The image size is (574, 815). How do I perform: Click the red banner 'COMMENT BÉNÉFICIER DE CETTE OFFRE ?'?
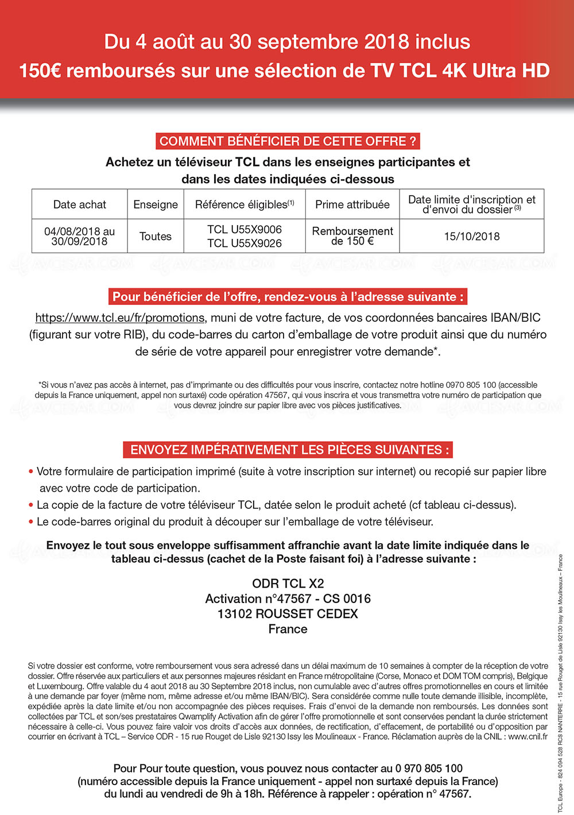point(288,141)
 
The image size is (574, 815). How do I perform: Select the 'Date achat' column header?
point(79,204)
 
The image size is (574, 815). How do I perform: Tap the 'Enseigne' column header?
point(156,204)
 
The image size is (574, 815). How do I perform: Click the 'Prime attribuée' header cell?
point(352,204)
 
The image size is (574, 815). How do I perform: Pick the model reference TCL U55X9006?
point(245,229)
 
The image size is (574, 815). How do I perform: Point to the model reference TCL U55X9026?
point(245,243)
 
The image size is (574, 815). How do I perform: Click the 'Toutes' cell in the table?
point(156,236)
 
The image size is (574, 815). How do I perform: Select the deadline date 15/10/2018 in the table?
point(472,236)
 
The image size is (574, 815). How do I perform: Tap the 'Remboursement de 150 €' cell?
point(352,235)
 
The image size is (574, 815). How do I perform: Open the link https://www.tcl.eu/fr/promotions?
point(120,318)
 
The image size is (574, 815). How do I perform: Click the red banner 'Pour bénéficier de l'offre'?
point(288,297)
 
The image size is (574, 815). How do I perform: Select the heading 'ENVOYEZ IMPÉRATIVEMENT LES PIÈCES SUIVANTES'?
point(288,450)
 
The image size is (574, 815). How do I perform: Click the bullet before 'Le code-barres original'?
point(31,522)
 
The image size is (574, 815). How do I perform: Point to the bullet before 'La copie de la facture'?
point(31,505)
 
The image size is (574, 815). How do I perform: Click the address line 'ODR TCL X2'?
point(288,584)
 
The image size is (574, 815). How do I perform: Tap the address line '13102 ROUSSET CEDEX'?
point(288,613)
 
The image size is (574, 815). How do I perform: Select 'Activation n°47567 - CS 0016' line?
point(288,598)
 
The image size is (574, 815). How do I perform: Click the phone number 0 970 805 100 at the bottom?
point(429,768)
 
